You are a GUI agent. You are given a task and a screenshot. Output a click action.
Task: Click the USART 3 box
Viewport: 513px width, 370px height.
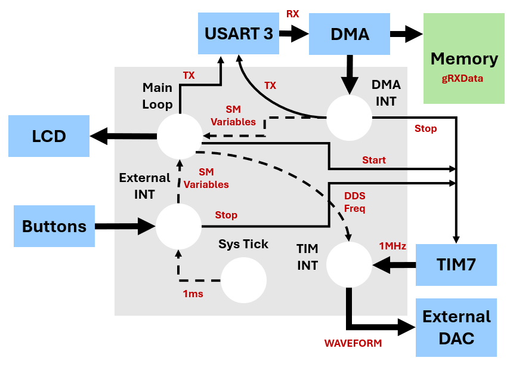(x=239, y=33)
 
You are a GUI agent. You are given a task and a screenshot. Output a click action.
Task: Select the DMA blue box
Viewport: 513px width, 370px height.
(x=350, y=34)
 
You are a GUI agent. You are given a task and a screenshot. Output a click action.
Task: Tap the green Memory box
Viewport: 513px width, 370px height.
(x=463, y=58)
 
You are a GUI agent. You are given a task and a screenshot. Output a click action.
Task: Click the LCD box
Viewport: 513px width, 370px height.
(x=49, y=136)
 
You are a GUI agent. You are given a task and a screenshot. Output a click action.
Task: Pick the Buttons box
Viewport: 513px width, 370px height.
(x=54, y=226)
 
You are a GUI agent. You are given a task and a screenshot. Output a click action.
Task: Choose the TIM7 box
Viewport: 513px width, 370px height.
(x=456, y=264)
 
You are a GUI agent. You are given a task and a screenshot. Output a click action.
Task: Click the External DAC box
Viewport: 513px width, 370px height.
(x=456, y=327)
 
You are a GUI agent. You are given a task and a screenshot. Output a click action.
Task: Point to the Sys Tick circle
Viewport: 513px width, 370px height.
(x=243, y=280)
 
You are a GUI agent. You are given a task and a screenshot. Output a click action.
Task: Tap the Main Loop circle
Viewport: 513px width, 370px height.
(x=180, y=136)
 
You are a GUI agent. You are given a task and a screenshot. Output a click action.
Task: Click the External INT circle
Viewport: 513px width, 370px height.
(x=178, y=226)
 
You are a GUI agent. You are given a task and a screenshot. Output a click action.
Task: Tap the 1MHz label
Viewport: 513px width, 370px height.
(x=393, y=246)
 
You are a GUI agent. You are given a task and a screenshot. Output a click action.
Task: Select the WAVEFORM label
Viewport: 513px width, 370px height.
(x=353, y=343)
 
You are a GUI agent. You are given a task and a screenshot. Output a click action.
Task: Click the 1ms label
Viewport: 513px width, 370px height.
(x=193, y=294)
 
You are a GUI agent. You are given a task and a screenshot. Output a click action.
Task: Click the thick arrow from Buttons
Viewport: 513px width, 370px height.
(x=125, y=226)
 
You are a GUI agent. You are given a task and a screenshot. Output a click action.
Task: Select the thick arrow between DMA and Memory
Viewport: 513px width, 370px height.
(x=405, y=34)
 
